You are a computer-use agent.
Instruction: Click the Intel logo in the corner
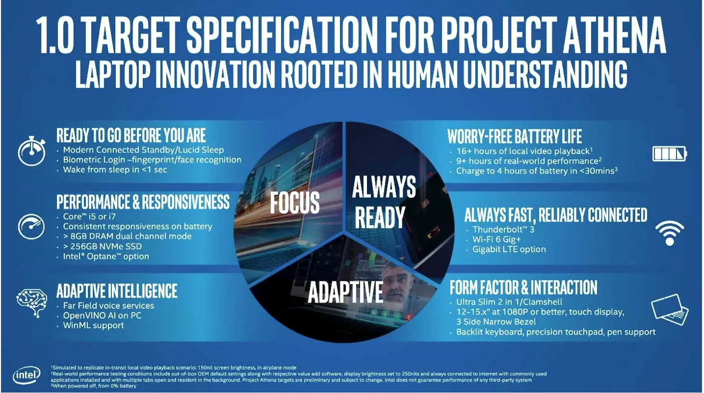(x=25, y=375)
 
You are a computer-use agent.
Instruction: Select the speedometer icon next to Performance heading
(x=31, y=226)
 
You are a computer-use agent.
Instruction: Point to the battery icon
(x=670, y=153)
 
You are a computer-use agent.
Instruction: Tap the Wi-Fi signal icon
(x=669, y=233)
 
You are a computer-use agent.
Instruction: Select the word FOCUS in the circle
(x=295, y=202)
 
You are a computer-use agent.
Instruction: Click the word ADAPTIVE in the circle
(x=345, y=293)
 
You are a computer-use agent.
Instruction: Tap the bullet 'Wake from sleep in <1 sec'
(x=115, y=170)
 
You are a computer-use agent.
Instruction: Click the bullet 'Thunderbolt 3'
(x=504, y=230)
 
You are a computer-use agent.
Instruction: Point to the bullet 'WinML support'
(x=93, y=325)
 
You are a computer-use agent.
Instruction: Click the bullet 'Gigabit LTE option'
(x=509, y=249)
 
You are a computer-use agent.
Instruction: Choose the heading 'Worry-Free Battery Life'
(x=514, y=136)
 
